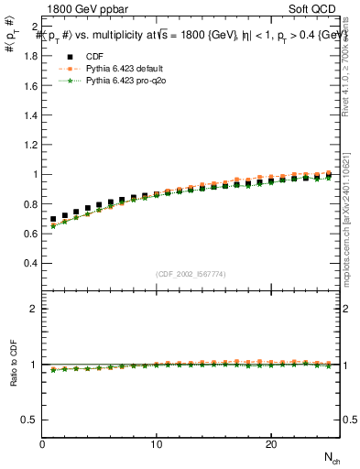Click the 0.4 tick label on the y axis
pyautogui.click(x=30, y=263)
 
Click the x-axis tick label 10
pyautogui.click(x=157, y=444)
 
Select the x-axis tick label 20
pyautogui.click(x=270, y=444)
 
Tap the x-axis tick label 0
pyautogui.click(x=43, y=444)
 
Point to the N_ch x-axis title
pyautogui.click(x=331, y=457)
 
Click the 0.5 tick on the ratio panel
pyautogui.click(x=30, y=420)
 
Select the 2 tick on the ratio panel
pyautogui.click(x=33, y=309)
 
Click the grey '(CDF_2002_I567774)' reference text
pyautogui.click(x=191, y=274)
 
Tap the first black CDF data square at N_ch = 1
pyautogui.click(x=53, y=220)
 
